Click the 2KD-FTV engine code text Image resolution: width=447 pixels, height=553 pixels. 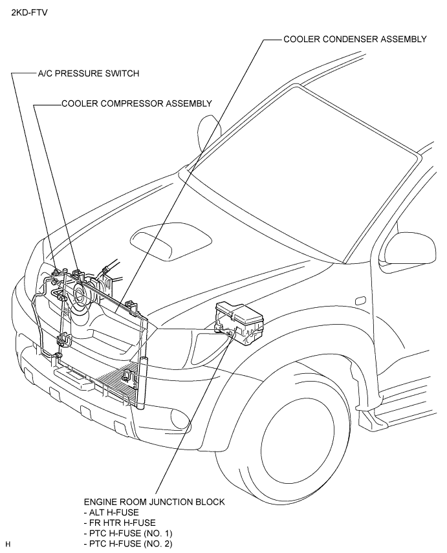coord(29,13)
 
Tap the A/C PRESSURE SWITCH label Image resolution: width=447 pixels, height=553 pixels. coord(89,73)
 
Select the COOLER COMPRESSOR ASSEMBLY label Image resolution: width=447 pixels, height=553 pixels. coord(137,103)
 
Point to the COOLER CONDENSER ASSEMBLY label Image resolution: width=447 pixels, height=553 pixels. coord(355,39)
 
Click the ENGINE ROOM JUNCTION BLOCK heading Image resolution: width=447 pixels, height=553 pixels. coord(154,501)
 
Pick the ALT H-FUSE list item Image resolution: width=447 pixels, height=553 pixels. coord(111,512)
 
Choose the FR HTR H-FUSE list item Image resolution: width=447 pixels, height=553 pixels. coord(120,523)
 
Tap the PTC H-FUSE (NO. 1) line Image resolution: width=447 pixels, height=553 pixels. coord(128,533)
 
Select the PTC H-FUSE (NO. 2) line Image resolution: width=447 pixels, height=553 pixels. coord(128,543)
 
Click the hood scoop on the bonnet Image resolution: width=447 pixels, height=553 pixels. coord(171,244)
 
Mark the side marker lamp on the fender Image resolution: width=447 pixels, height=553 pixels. coord(360,301)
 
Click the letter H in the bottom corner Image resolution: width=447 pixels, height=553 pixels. coord(8,544)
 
